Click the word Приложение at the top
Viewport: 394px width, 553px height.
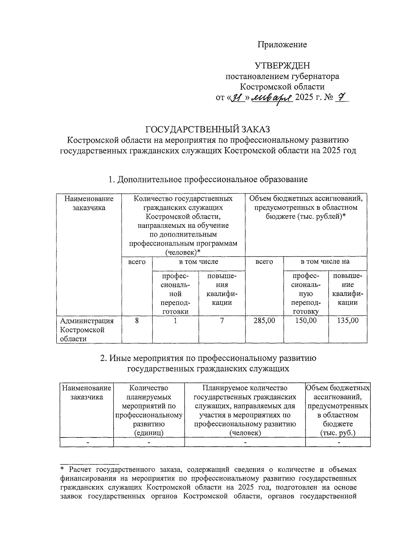pos(282,45)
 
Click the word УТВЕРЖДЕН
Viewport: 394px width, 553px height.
pos(282,66)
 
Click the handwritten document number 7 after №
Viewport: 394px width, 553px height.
pos(341,98)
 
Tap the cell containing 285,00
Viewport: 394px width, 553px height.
pos(264,321)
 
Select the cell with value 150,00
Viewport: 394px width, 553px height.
pos(306,321)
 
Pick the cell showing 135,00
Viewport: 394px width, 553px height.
pos(348,321)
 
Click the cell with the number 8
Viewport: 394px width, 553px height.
pos(137,321)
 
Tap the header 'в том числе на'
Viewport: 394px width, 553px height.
pos(325,262)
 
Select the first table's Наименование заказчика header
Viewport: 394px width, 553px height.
pos(89,203)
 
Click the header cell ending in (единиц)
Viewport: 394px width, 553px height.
pos(149,410)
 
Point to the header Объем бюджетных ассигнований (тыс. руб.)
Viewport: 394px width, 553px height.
pos(338,410)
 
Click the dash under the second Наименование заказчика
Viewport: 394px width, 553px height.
pos(87,442)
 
